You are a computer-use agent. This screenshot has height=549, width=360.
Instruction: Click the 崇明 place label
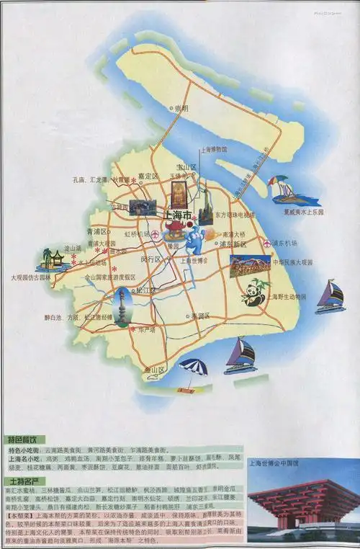178,109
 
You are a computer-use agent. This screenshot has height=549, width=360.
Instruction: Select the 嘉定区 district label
148,176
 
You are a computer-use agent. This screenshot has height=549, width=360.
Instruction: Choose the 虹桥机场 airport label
137,235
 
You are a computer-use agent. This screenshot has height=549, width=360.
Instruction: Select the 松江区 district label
145,290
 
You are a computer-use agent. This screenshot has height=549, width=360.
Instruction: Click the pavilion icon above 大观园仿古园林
51,259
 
